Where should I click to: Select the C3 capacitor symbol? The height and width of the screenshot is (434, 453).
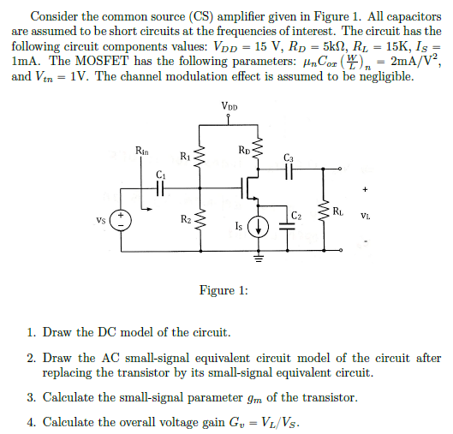(288, 172)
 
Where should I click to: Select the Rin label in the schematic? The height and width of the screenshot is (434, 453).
(141, 150)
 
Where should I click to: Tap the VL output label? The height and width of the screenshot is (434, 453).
(366, 215)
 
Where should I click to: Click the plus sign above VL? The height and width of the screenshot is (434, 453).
(366, 190)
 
